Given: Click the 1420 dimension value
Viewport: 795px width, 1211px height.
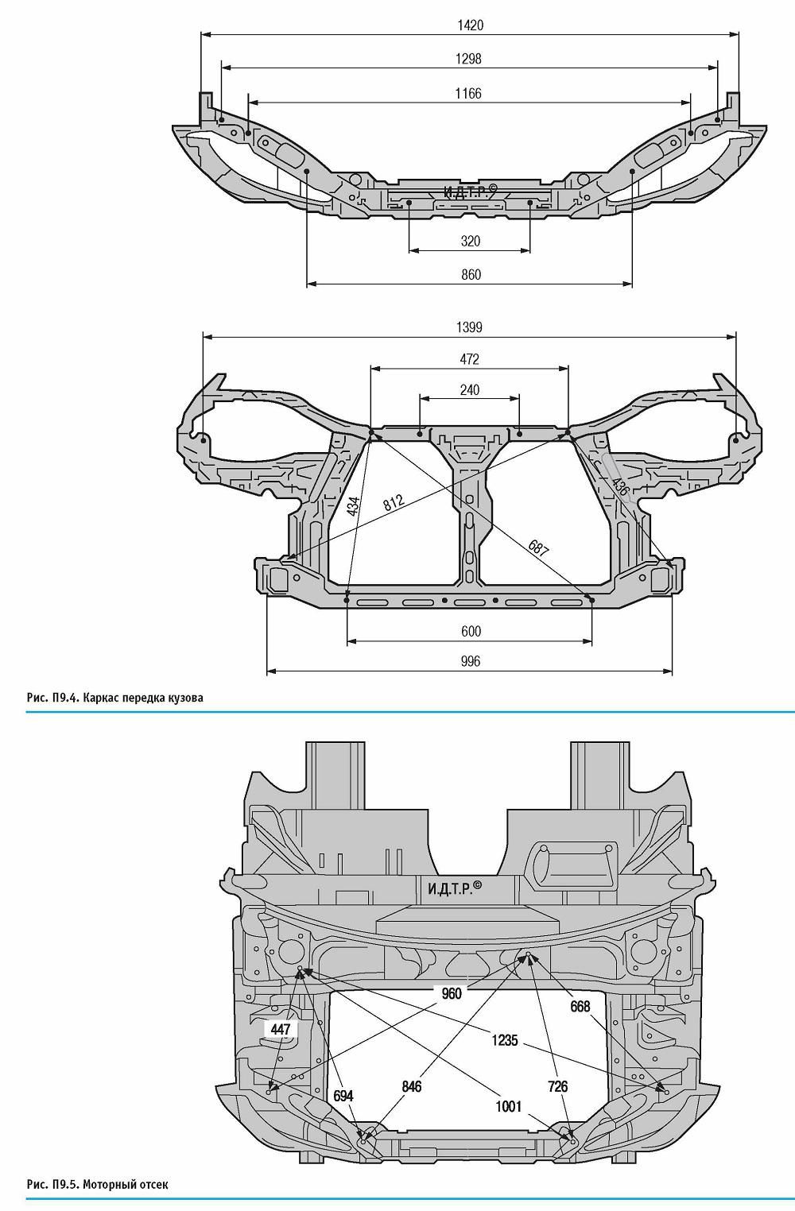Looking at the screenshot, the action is click(469, 25).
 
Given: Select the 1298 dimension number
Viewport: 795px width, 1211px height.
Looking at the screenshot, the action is click(468, 58).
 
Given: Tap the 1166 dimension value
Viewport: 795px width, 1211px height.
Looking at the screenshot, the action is click(468, 94).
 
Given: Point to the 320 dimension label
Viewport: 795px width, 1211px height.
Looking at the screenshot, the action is click(471, 241).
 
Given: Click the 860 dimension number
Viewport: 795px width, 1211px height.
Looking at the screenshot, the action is click(471, 275).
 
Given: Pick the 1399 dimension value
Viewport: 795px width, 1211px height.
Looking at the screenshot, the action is click(469, 327).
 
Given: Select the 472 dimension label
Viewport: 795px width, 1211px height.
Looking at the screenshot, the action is click(469, 359).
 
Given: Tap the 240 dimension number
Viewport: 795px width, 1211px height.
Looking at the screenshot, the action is click(469, 390).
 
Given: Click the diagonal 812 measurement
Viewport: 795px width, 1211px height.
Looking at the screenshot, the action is click(394, 503).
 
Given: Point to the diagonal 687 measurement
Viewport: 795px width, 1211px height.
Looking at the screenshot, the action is click(538, 549).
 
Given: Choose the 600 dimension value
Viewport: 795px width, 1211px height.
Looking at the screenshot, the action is click(471, 632).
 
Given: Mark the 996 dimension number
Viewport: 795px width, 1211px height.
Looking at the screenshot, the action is click(471, 662).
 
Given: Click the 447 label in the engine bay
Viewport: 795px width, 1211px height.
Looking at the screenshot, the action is click(281, 1029).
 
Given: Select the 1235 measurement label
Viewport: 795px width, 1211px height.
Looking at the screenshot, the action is click(505, 1040).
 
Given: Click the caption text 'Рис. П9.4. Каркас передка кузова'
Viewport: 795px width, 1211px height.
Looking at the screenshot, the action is click(114, 698).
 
